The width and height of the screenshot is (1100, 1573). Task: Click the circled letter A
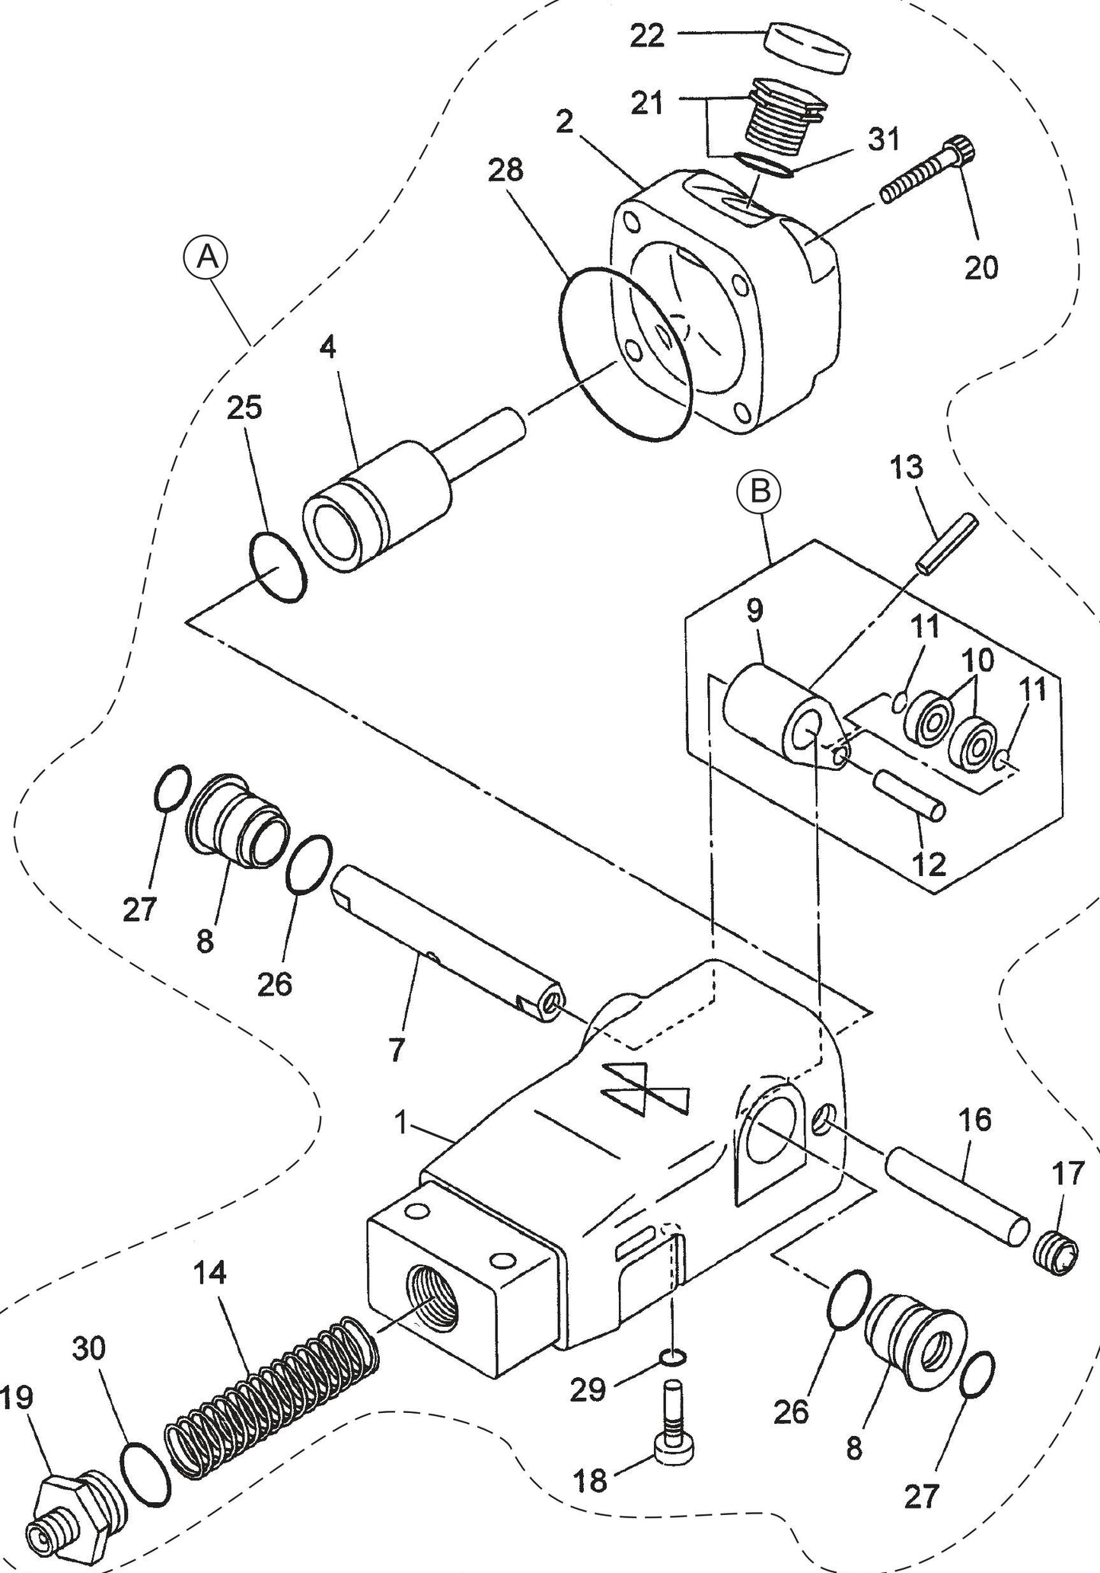coord(206,258)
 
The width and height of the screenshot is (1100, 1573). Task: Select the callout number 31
coord(884,139)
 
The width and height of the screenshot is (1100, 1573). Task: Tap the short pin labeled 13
coord(947,545)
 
